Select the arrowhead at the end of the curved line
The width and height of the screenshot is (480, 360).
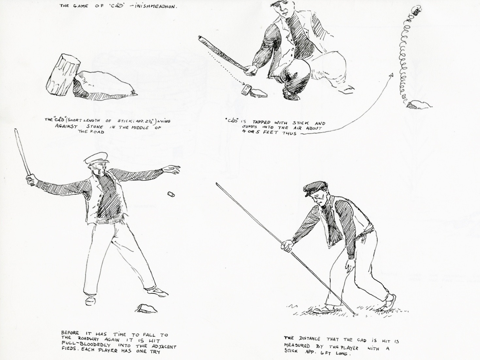pyautogui.click(x=390, y=75)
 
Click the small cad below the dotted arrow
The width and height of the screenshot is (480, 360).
pyautogui.click(x=247, y=89)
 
